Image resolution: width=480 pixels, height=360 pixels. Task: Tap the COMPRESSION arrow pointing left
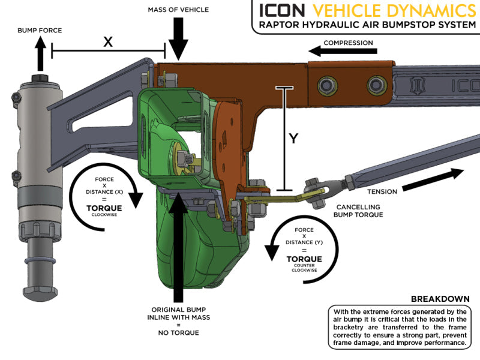pos(336,52)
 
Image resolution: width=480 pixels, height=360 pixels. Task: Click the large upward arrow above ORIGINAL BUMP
pos(179,252)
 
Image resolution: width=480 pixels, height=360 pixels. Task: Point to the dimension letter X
pos(108,41)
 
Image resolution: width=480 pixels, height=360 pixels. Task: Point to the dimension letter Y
pos(293,139)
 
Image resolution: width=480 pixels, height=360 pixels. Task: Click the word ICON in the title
pos(284,10)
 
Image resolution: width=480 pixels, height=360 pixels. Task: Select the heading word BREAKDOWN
pos(440,299)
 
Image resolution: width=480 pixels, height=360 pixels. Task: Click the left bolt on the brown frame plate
pos(329,83)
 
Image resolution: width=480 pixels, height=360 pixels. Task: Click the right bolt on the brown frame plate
pos(376,82)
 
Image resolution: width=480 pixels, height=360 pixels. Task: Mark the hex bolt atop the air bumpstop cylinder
pos(39,80)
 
